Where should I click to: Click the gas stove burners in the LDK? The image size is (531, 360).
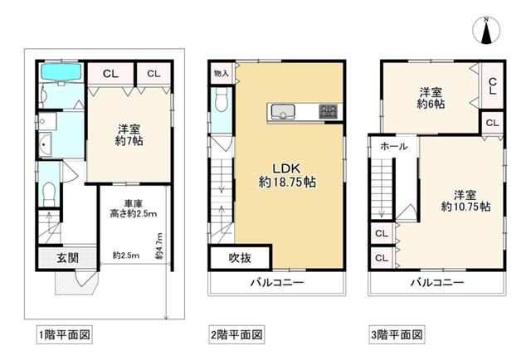tap(329, 110)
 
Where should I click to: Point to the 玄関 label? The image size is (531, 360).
tap(68, 258)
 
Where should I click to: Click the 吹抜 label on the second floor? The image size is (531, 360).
tap(240, 258)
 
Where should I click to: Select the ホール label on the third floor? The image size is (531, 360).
tap(393, 146)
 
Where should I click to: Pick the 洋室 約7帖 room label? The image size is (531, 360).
tap(128, 134)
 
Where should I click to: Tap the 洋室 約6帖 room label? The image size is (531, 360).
tap(431, 99)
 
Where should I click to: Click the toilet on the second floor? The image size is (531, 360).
tap(221, 103)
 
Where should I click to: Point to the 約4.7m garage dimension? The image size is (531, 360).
tap(159, 246)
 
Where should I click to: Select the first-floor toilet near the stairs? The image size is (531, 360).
tap(49, 192)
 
